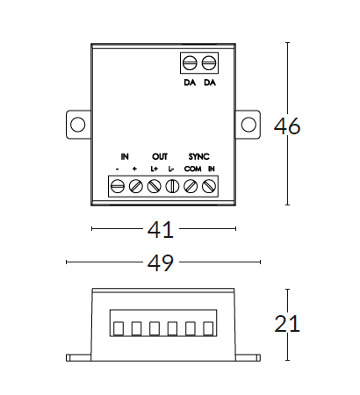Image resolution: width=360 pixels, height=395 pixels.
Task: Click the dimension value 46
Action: [287, 126]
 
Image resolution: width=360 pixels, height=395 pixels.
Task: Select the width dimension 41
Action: [161, 230]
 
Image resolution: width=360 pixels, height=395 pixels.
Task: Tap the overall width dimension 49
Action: [161, 263]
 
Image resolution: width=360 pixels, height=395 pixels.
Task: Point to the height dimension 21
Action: [287, 324]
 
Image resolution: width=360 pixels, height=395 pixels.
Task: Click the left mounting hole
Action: [78, 125]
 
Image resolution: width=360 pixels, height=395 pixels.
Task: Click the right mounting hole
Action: [248, 125]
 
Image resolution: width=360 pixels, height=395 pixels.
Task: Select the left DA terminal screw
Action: [190, 63]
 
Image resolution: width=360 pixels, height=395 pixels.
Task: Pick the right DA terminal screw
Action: [209, 63]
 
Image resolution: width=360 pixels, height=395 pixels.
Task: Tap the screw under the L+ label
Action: [154, 186]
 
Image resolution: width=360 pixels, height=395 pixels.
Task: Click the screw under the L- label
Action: [172, 186]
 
